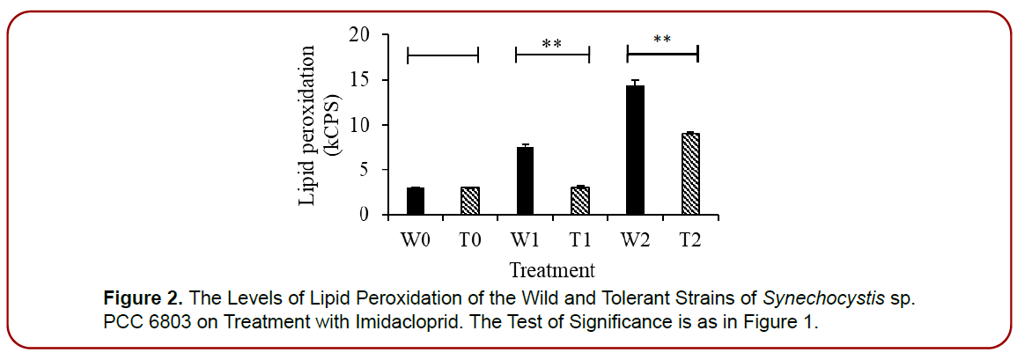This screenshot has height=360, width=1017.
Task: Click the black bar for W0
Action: pos(416,202)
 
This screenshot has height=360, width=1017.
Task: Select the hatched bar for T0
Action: pos(470,202)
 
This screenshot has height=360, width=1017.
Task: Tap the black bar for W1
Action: pos(525,181)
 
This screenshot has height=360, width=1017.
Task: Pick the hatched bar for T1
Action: pos(579,202)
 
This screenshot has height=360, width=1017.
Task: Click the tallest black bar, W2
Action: pos(635,151)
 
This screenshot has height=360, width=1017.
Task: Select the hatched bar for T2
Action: pos(689,174)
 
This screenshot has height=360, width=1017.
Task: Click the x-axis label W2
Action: pos(635,239)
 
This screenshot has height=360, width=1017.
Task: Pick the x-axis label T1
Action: pos(579,239)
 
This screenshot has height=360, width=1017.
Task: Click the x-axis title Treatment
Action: pos(551,269)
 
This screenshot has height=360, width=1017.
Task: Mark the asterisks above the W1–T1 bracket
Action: pos(552,43)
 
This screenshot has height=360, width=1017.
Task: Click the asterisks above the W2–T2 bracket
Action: pos(662,40)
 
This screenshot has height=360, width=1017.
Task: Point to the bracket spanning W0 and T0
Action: pos(443,55)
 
